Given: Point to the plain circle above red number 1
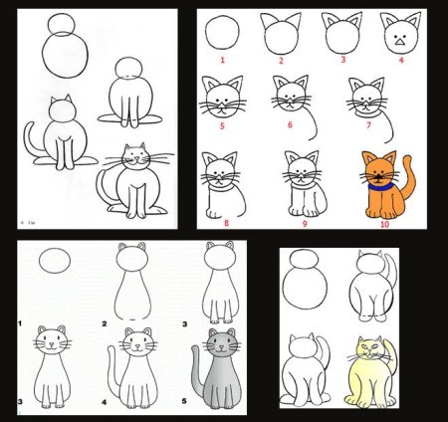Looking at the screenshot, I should [x=223, y=35].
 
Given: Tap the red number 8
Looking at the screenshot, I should [x=227, y=223].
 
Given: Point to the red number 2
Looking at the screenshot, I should [x=282, y=61].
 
